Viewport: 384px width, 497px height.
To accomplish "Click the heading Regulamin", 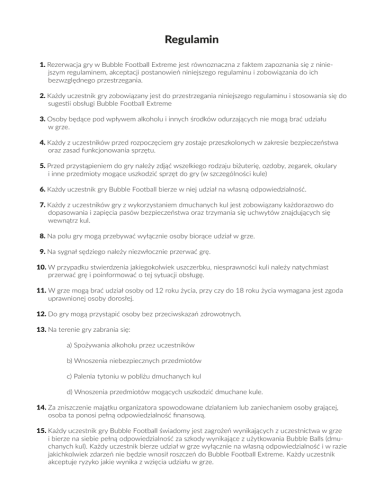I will pos(192,39).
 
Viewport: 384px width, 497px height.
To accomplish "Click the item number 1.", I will pos(42,64).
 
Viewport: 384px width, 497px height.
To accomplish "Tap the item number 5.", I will pos(42,165).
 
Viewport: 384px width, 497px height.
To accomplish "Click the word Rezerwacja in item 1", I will pos(65,64).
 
